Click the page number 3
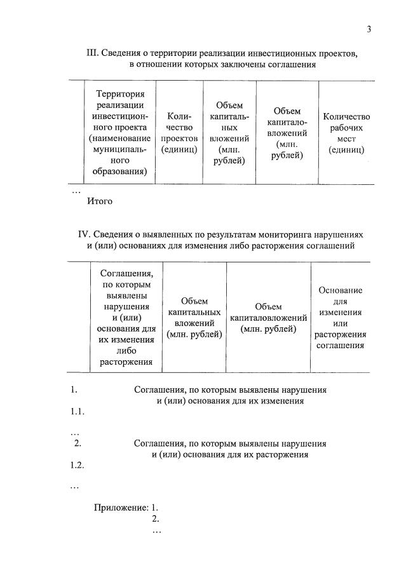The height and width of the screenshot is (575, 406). [368, 30]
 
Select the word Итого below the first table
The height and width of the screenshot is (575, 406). [100, 201]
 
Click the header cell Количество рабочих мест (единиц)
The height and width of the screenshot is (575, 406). [346, 133]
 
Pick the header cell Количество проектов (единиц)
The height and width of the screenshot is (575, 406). [179, 133]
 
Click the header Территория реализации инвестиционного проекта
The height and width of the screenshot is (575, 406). [120, 133]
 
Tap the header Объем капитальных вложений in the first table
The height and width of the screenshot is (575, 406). [229, 133]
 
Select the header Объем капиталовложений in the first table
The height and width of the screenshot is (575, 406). [287, 133]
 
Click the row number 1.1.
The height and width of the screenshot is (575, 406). [78, 412]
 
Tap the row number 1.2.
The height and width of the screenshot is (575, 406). [78, 465]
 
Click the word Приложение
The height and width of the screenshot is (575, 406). [121, 508]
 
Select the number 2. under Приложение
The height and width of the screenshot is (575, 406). [155, 519]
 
